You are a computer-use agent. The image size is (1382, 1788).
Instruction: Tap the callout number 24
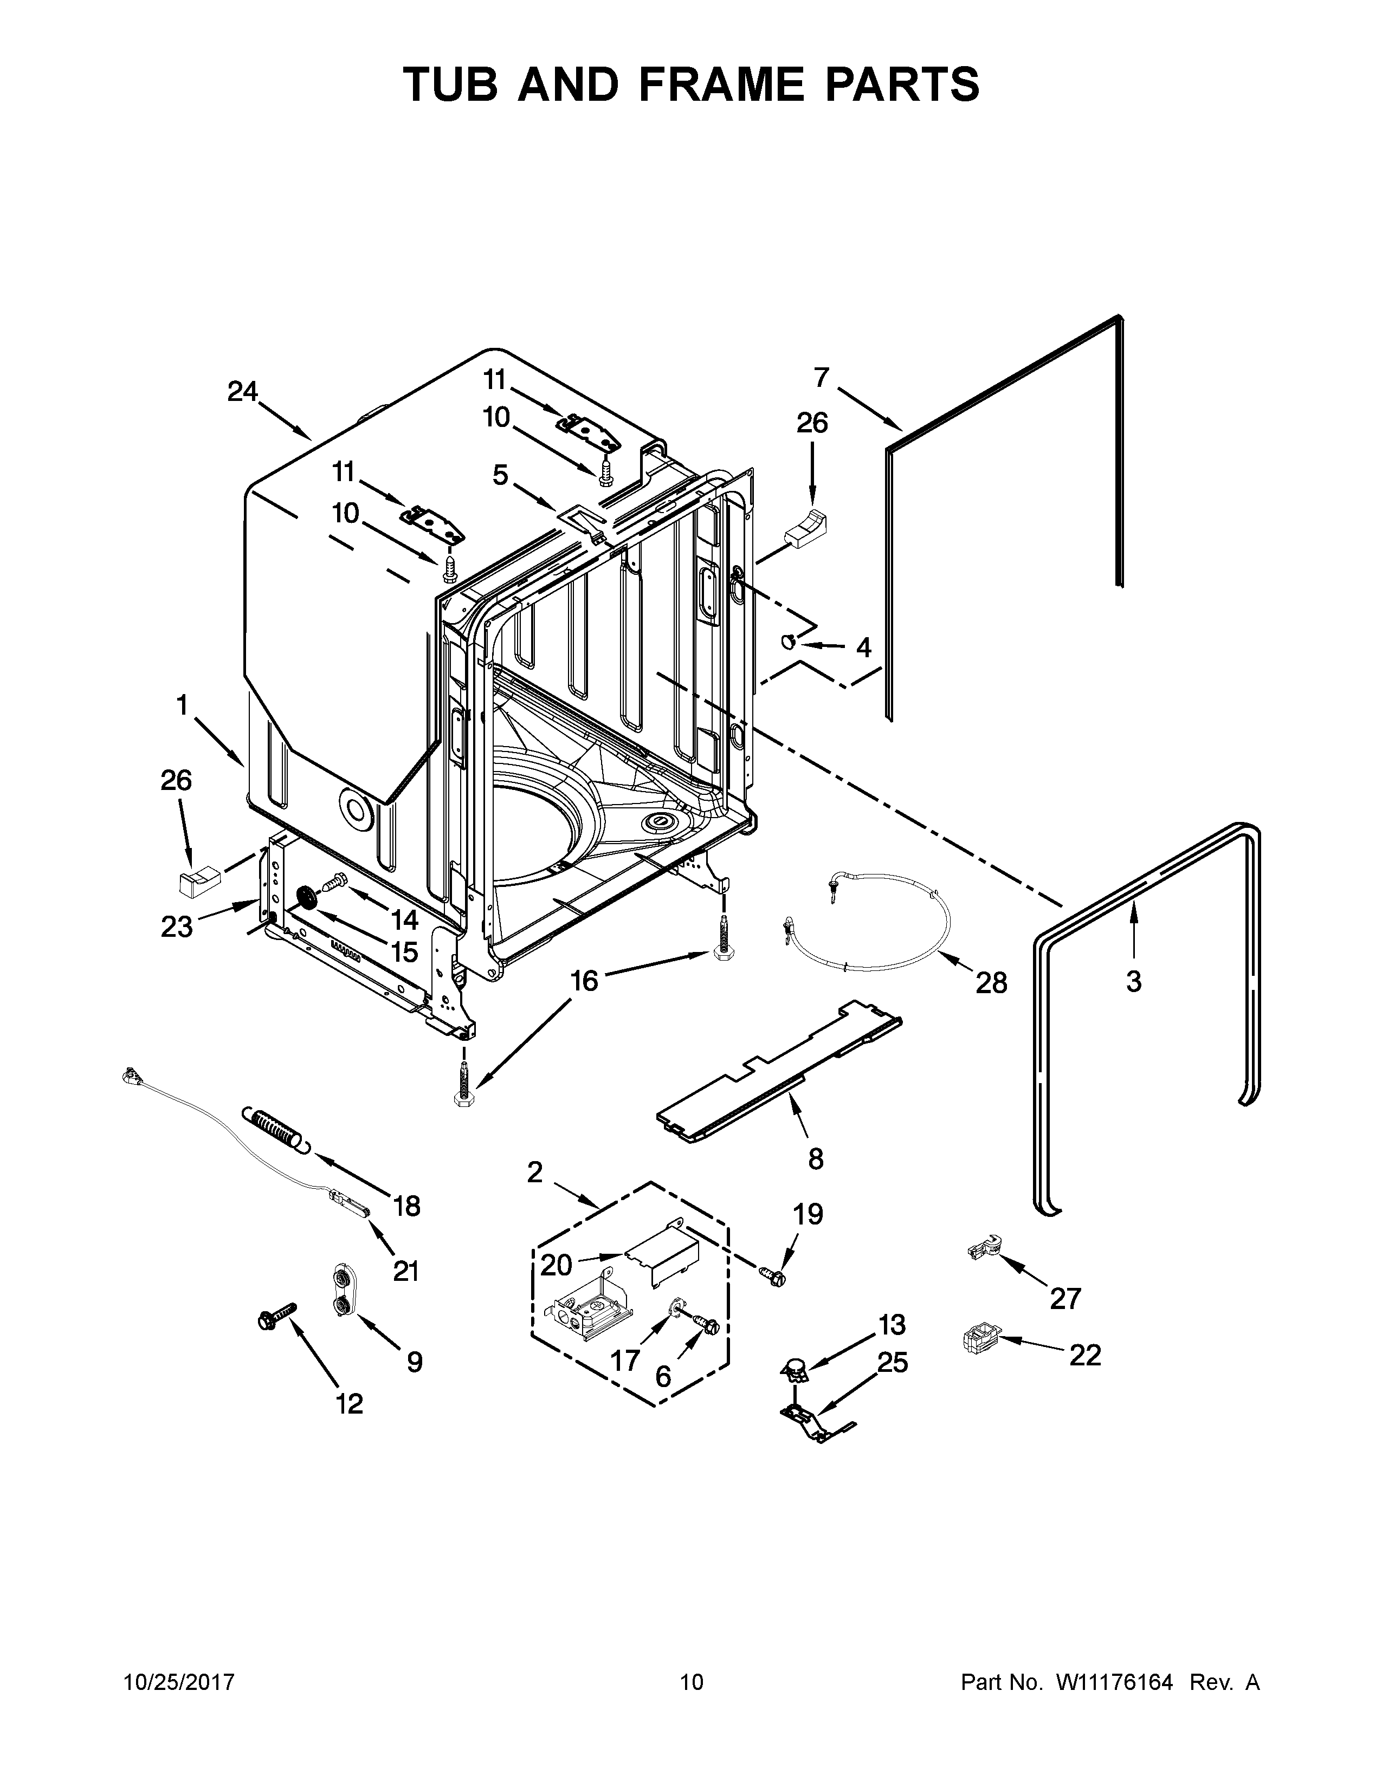[x=242, y=392]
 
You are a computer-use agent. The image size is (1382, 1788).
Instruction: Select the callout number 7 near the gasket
[x=821, y=378]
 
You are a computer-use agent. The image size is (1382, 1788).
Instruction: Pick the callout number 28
[x=991, y=982]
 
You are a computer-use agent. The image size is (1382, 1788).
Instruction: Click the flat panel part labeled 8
[x=778, y=1072]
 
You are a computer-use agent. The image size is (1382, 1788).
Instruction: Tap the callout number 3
[x=1133, y=981]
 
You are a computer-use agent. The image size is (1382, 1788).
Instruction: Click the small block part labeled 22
[x=981, y=1339]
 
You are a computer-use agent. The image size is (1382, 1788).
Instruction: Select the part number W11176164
[x=1115, y=1682]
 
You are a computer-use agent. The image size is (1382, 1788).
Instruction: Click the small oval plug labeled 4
[x=789, y=643]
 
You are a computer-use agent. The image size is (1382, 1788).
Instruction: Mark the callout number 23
[x=177, y=927]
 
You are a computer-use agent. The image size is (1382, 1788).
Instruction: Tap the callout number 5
[x=500, y=475]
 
